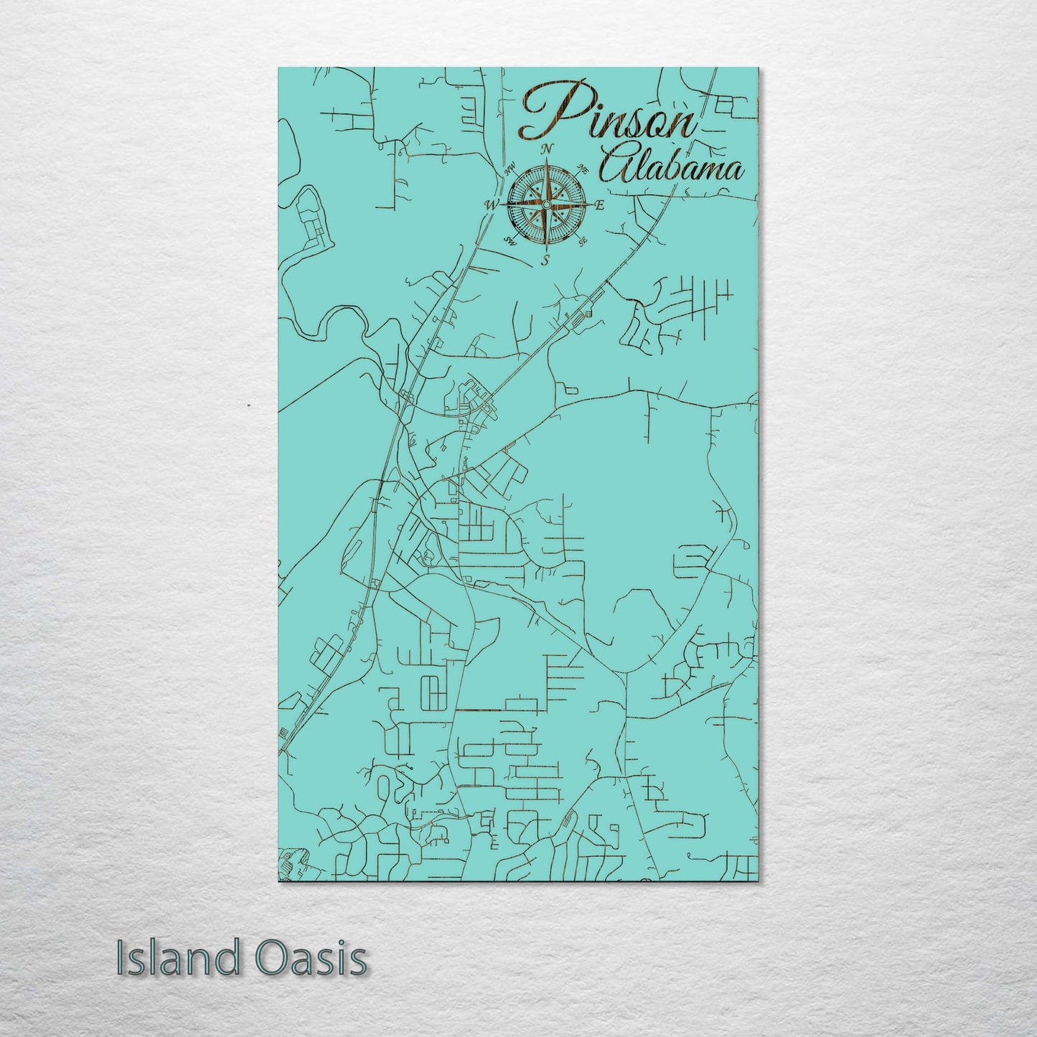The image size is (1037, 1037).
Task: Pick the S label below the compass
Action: (545, 261)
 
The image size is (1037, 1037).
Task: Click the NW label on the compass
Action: (511, 171)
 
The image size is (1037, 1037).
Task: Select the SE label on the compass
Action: (583, 240)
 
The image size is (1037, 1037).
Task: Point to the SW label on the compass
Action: (510, 240)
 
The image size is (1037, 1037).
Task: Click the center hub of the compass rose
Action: (546, 205)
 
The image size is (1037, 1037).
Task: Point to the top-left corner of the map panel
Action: (279, 68)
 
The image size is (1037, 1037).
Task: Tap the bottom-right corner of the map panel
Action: (758, 881)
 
